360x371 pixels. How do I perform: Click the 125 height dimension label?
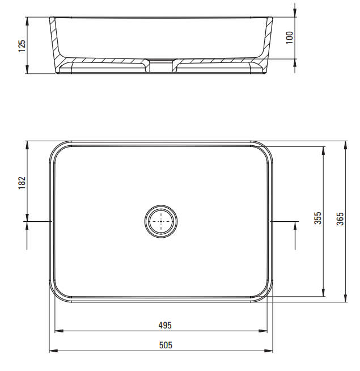pos(22,45)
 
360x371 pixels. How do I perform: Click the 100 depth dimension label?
pos(290,37)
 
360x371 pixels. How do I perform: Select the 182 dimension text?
pos(22,183)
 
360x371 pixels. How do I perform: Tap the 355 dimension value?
pos(317,218)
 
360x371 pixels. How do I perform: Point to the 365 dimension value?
pos(340,218)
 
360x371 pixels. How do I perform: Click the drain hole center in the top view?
pos(161,221)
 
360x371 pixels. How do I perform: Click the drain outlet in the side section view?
pos(161,66)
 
